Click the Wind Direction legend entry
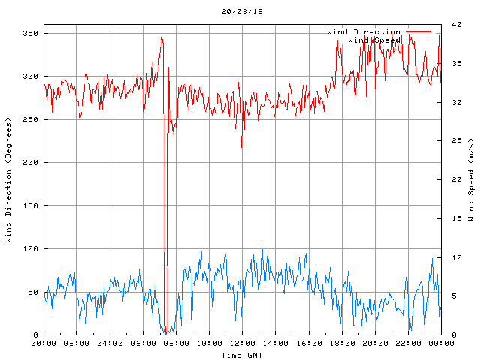363,31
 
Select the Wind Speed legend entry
373,39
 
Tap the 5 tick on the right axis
451,295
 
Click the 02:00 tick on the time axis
77,343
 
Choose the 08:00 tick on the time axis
176,343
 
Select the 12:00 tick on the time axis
242,343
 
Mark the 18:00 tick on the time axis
341,343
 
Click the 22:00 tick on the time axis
407,343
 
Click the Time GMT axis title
241,355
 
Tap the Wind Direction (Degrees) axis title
8,180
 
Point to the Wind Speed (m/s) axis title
471,180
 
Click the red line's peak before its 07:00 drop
161,37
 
